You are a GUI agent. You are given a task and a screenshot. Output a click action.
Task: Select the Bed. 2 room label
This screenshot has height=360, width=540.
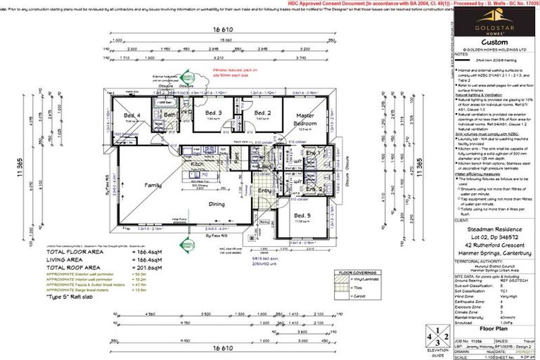(x=262, y=112)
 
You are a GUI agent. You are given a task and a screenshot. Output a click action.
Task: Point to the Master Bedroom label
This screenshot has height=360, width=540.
(x=304, y=118)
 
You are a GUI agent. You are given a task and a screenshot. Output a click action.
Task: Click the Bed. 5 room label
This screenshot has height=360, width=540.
(x=302, y=215)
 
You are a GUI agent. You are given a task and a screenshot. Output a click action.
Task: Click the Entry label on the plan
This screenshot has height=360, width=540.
(x=264, y=191)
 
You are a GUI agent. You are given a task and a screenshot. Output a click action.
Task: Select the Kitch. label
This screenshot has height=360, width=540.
(x=198, y=163)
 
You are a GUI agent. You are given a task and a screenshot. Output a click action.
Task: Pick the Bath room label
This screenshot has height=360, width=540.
(x=169, y=114)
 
